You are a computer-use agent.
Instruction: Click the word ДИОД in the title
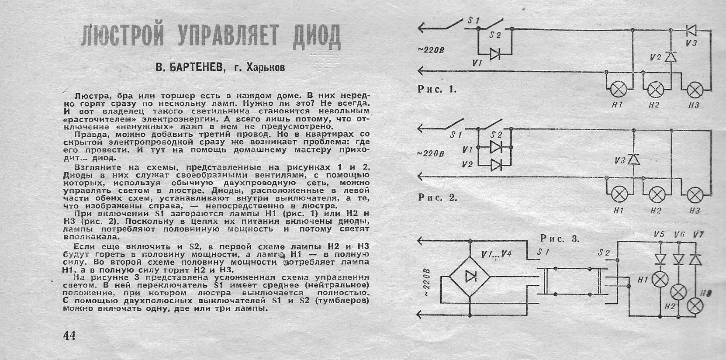coord(317,37)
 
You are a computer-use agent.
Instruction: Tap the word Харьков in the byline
coord(266,67)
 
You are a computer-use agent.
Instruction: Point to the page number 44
coord(69,336)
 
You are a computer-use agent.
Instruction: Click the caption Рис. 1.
coord(437,89)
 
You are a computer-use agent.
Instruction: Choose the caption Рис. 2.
coord(438,197)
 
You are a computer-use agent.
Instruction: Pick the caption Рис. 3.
coord(560,239)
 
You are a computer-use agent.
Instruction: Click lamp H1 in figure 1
coord(619,89)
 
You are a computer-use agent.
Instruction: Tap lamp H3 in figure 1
coord(695,90)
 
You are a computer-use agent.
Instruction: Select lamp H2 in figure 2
coord(657,195)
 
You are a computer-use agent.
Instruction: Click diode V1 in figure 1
coord(495,54)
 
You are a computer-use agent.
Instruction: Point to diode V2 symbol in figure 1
coord(671,57)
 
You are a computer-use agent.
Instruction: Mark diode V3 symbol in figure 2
coord(634,159)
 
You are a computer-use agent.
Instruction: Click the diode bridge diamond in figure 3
coord(470,277)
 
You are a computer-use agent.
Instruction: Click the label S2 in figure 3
coord(604,253)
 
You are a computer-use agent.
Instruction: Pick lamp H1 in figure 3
coord(660,279)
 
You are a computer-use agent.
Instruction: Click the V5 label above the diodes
coord(659,234)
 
